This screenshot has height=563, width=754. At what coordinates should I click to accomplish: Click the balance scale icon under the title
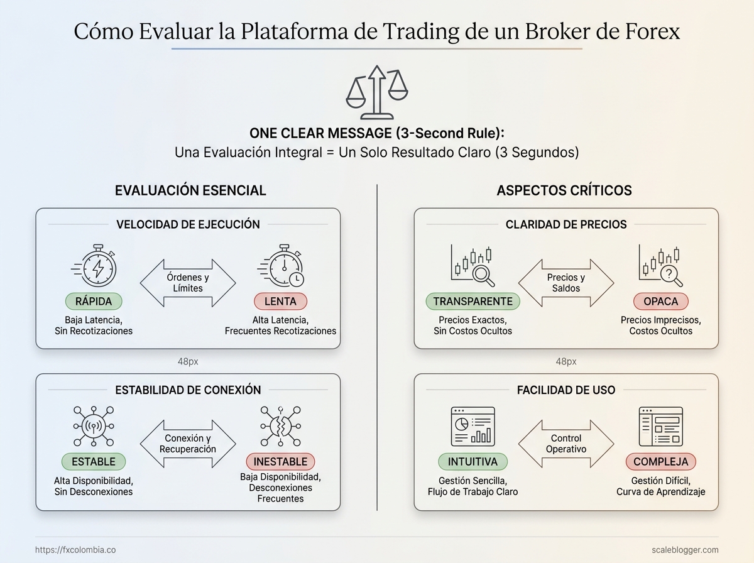(x=377, y=93)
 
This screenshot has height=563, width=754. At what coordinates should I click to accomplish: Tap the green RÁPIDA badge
(x=94, y=301)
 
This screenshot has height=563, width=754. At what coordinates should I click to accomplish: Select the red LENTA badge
(x=280, y=301)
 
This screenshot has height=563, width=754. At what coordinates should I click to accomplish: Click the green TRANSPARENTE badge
(x=473, y=301)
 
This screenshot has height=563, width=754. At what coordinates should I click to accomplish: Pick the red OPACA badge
(x=660, y=301)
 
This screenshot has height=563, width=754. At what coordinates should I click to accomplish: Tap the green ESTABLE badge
(x=94, y=462)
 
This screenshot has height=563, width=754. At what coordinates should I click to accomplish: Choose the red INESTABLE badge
(x=280, y=462)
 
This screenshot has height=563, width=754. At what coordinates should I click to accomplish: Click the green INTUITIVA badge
(x=473, y=462)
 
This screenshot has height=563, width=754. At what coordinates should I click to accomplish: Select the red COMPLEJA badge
(x=660, y=462)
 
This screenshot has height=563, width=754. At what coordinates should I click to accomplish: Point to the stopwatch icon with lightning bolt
(x=94, y=266)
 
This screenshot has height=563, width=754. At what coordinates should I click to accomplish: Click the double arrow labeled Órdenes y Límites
(x=188, y=283)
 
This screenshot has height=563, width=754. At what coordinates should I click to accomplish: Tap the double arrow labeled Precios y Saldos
(x=566, y=283)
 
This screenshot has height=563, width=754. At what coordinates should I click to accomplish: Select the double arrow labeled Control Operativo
(x=566, y=444)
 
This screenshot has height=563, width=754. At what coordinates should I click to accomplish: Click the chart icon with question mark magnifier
(x=660, y=266)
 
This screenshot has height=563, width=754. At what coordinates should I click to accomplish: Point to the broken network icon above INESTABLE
(x=280, y=426)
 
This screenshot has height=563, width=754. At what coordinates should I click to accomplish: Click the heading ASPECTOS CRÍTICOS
(x=564, y=190)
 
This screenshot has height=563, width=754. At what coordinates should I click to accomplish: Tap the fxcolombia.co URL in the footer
(x=75, y=550)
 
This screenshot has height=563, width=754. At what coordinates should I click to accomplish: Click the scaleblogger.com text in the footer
(x=685, y=550)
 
